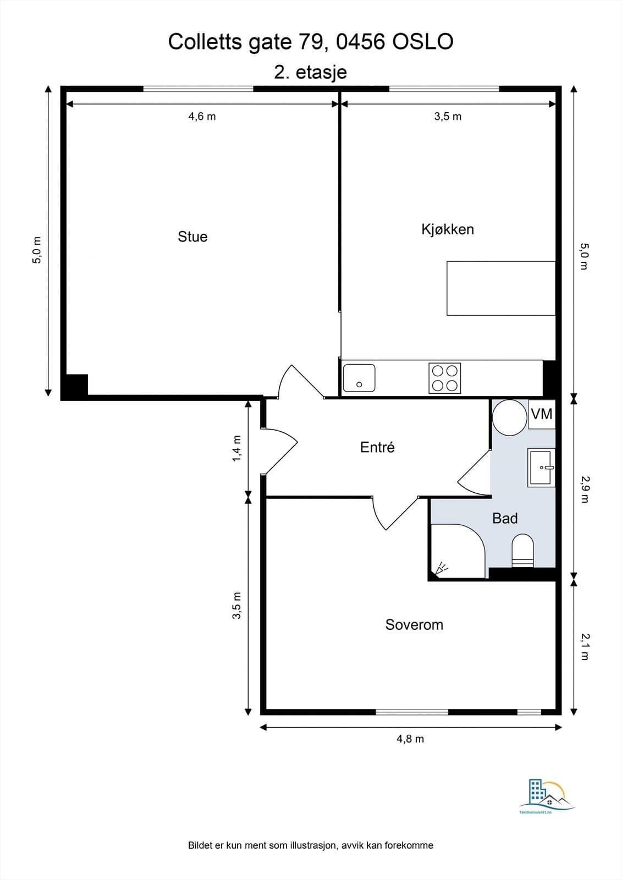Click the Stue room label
click(192, 237)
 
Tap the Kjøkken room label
click(448, 229)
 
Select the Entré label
click(377, 447)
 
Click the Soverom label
click(414, 625)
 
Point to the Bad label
click(505, 518)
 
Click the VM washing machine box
click(542, 414)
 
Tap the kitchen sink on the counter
click(359, 378)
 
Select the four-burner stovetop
click(444, 378)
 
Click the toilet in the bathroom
click(522, 550)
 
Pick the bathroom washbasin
click(542, 468)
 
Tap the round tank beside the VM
click(509, 417)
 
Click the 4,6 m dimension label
click(202, 116)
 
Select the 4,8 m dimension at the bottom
click(410, 739)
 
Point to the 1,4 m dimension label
click(237, 448)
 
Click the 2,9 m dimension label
click(584, 489)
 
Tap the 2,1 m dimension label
click(584, 646)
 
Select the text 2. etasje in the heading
click(310, 72)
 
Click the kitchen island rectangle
click(500, 288)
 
